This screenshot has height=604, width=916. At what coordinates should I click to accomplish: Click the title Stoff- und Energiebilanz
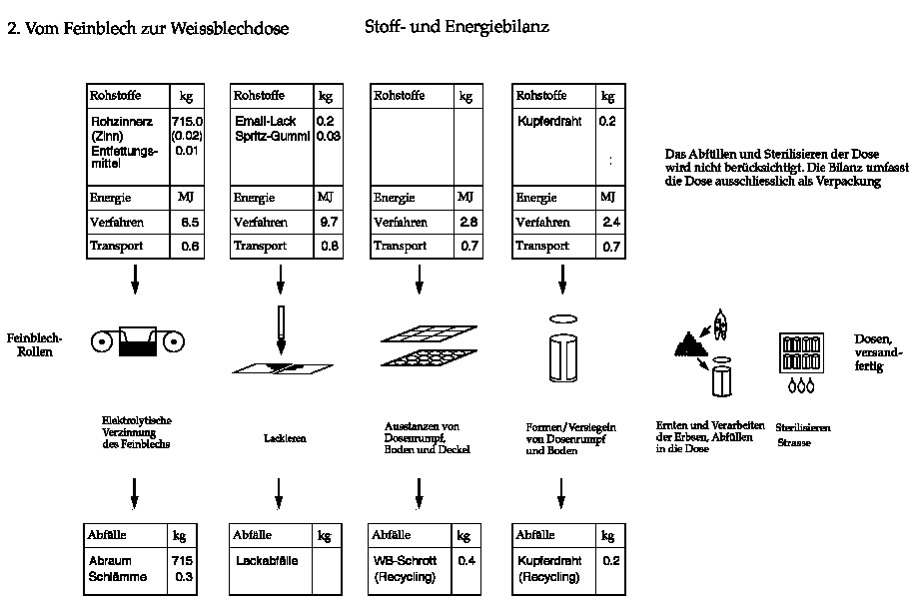pyautogui.click(x=457, y=27)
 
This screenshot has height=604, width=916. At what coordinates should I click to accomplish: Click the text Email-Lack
pyautogui.click(x=261, y=121)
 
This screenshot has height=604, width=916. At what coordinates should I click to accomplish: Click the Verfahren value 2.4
pyautogui.click(x=612, y=223)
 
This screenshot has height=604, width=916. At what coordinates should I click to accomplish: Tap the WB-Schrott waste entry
pyautogui.click(x=404, y=561)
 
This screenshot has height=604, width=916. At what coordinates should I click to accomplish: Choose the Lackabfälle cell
pyautogui.click(x=264, y=561)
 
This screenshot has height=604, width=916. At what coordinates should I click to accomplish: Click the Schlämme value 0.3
pyautogui.click(x=183, y=577)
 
